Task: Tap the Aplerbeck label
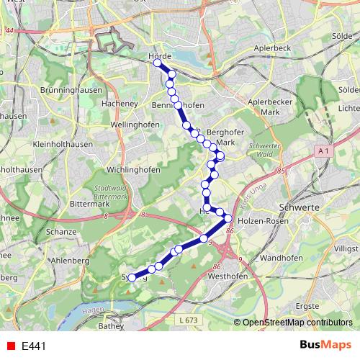[x=271, y=49]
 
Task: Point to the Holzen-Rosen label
[x=263, y=221]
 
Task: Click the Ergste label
[x=307, y=305]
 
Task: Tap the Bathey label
[x=111, y=325]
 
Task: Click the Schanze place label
[x=60, y=232]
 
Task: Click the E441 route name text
[x=34, y=346]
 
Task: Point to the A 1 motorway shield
[x=323, y=150]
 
